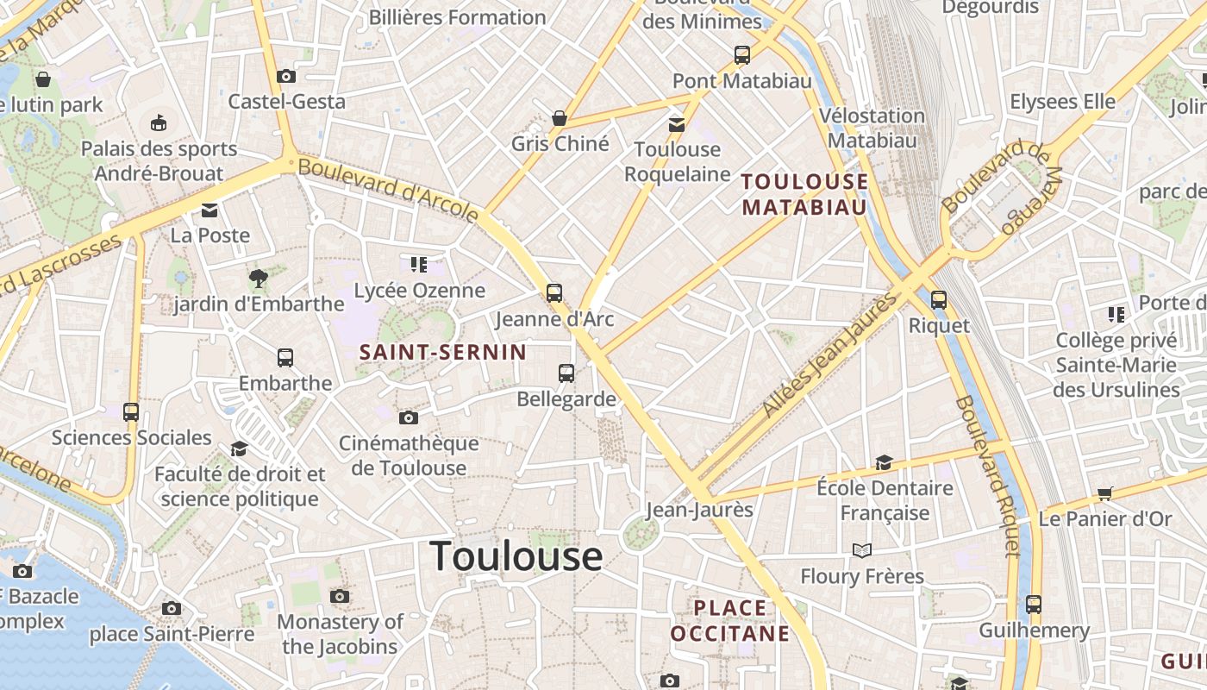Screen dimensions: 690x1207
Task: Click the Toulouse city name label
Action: point(516,556)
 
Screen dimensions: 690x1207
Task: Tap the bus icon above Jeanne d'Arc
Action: point(554,292)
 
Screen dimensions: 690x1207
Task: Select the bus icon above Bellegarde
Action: point(566,373)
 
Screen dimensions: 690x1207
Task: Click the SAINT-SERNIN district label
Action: point(442,352)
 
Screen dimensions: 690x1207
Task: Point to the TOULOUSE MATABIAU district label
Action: point(804,194)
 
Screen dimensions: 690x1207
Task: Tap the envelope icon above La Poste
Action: point(210,210)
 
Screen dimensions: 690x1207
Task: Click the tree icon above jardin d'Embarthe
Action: point(258,278)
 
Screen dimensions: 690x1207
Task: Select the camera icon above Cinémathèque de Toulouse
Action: point(409,417)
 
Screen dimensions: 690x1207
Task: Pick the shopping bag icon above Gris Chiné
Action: point(560,117)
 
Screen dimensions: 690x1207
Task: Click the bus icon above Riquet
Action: point(939,300)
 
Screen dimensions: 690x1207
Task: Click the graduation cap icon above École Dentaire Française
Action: point(884,462)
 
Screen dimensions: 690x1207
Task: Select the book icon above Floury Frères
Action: point(861,550)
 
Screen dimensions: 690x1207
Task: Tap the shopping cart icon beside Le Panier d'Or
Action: point(1105,493)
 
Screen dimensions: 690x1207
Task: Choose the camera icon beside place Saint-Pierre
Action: point(172,609)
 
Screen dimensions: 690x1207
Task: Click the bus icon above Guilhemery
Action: point(1034,605)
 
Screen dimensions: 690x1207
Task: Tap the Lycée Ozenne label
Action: point(420,291)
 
